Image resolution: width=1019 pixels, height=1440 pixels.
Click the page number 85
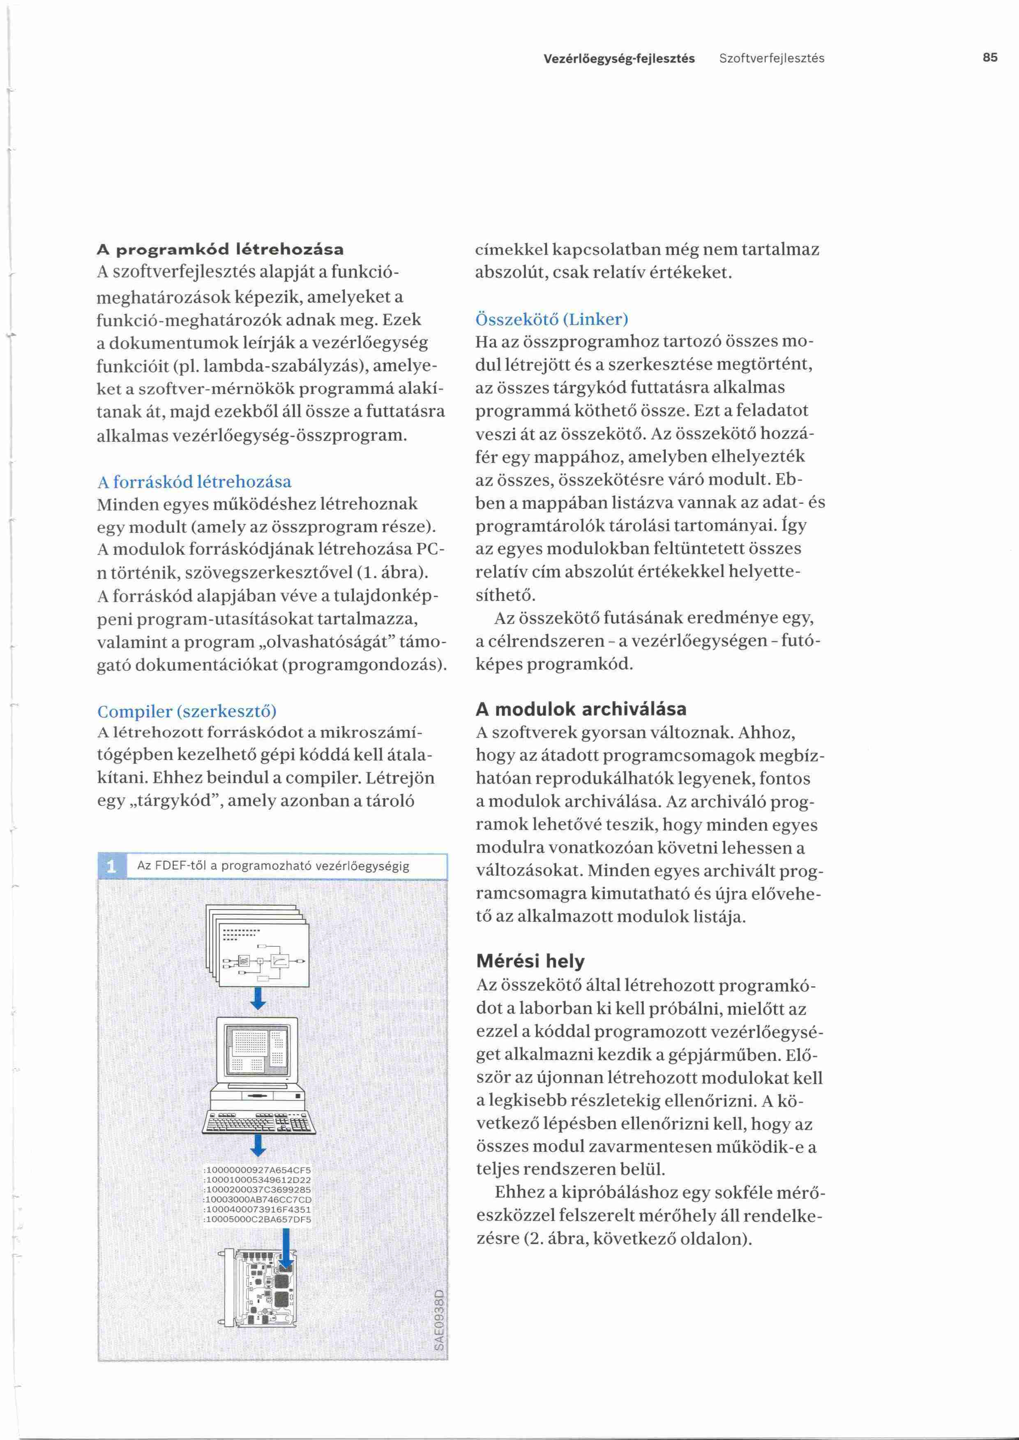[990, 58]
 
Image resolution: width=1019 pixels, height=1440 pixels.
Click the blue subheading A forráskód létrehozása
[194, 482]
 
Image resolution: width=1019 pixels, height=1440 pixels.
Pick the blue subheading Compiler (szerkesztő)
[187, 711]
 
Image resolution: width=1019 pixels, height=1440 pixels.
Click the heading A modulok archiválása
[581, 710]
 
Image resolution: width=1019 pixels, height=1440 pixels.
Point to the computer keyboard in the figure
[258, 1122]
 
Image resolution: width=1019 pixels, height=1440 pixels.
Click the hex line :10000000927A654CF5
[258, 1170]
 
